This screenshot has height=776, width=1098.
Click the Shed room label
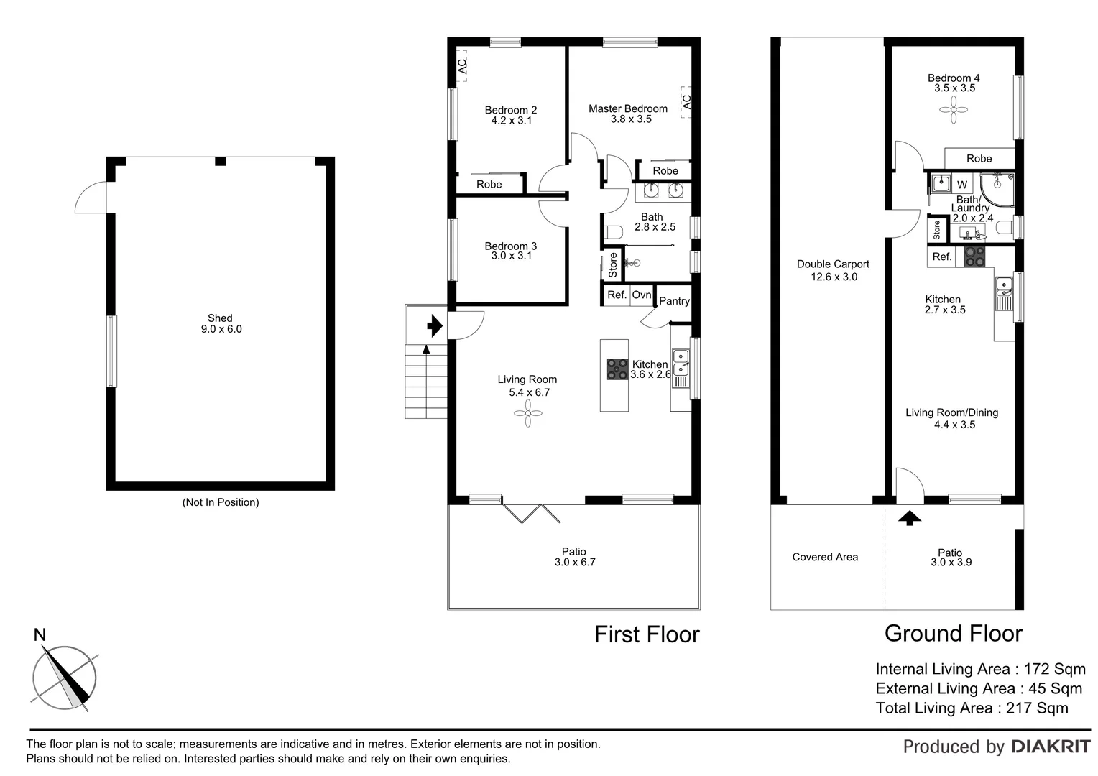click(220, 318)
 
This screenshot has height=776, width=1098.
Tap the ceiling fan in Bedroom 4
click(954, 110)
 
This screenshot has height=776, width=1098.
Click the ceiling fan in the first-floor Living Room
click(528, 413)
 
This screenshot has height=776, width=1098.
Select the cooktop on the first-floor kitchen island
click(617, 369)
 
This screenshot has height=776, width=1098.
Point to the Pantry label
click(674, 301)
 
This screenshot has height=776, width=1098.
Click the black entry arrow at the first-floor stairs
click(434, 326)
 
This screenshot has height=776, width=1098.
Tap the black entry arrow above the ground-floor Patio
click(910, 517)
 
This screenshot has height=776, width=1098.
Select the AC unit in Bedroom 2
click(462, 65)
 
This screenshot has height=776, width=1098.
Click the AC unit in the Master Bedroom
click(686, 101)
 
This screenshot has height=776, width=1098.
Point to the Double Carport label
click(833, 264)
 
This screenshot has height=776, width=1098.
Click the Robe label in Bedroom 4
click(979, 159)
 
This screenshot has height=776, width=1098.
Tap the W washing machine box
click(962, 185)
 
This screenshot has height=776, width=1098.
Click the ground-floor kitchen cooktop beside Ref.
click(974, 257)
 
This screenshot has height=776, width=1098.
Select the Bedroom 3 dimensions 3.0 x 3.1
click(511, 256)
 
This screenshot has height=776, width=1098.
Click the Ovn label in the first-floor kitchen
click(642, 295)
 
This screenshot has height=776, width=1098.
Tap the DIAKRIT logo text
click(1051, 747)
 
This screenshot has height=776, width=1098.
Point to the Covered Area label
click(825, 557)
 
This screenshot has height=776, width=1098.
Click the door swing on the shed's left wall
click(91, 199)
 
